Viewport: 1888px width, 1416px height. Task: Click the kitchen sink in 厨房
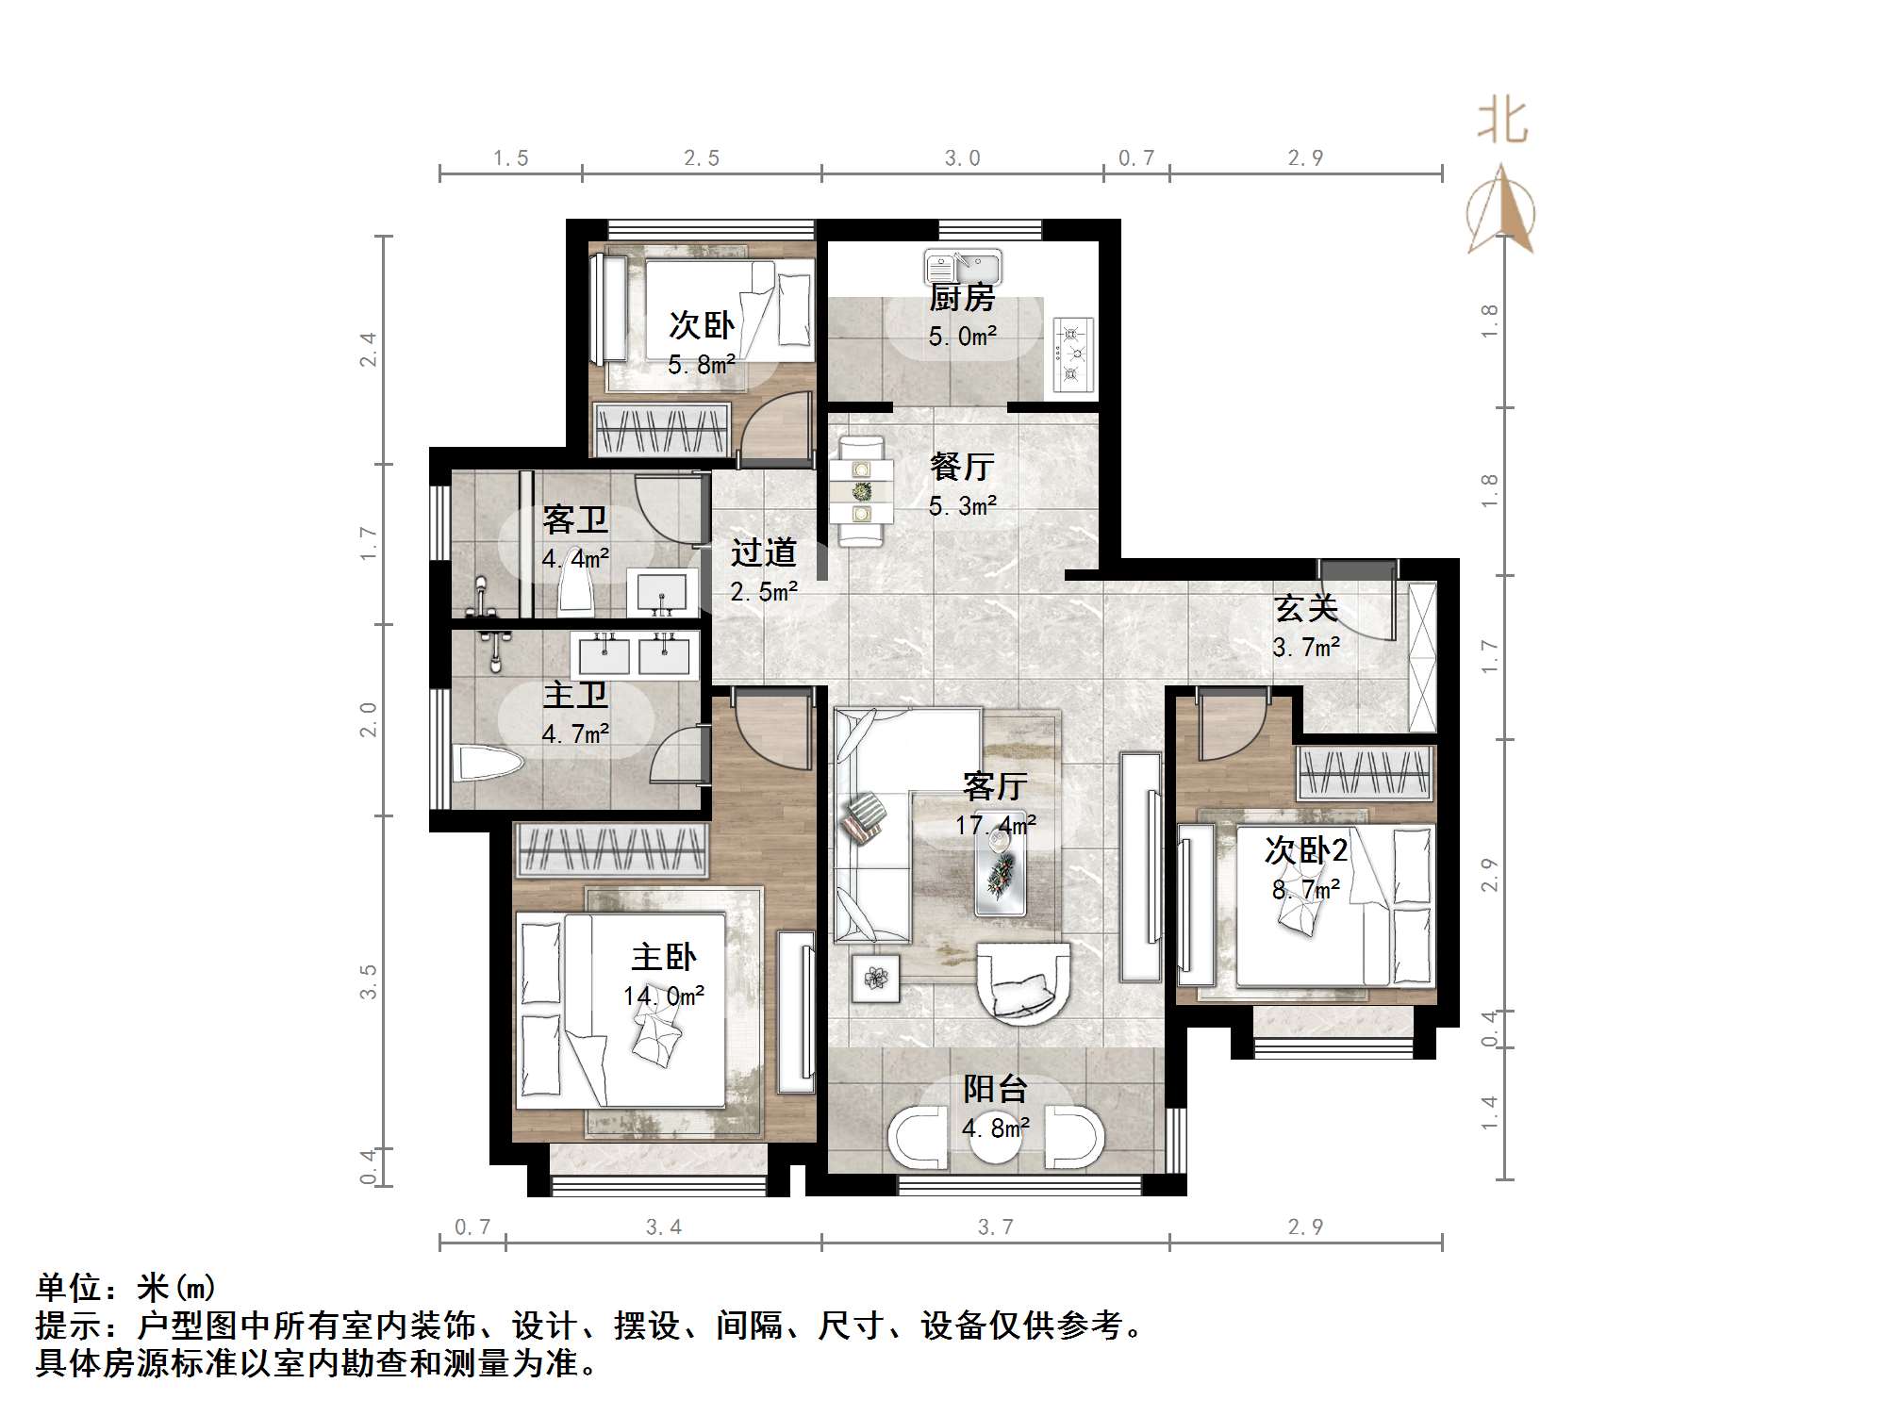coord(963,265)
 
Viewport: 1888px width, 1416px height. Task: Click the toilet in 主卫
coord(487,764)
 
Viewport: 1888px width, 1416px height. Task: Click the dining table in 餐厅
coord(862,490)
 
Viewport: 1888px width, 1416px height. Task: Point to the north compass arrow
coord(1500,212)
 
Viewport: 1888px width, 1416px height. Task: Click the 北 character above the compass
coord(1502,123)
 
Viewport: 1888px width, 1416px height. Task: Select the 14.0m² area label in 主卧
coord(664,996)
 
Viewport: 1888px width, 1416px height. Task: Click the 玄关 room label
coord(1306,608)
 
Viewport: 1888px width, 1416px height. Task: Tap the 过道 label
coord(763,552)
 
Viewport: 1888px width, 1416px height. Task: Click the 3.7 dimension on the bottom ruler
coord(996,1227)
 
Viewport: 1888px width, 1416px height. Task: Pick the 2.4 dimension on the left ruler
coord(369,350)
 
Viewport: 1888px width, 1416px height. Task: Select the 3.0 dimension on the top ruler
coord(963,158)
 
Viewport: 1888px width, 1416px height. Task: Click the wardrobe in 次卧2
coord(1366,773)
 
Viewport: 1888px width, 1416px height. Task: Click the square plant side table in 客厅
coord(876,979)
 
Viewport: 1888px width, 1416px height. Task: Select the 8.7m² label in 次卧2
coord(1306,889)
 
